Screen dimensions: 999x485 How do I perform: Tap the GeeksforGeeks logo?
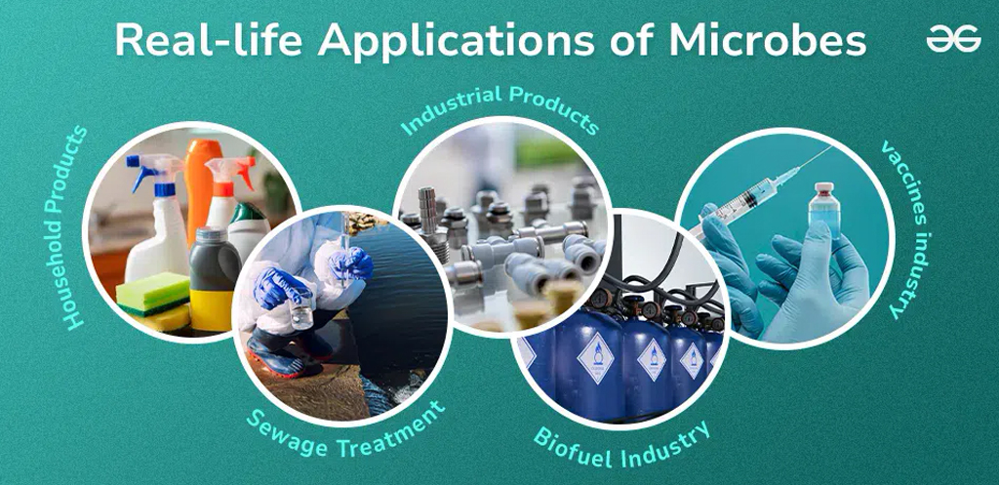(x=953, y=39)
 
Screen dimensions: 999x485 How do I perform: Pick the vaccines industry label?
(x=904, y=229)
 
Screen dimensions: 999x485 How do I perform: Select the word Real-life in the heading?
(x=211, y=40)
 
